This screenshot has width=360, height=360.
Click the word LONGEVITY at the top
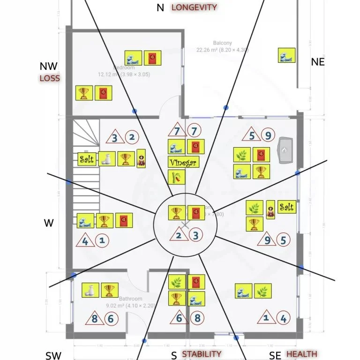194,7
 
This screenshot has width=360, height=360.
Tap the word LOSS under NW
50,78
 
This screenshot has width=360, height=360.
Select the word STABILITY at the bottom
202,354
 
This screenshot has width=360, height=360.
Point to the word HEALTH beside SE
301,354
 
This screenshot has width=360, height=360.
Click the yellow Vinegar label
183,163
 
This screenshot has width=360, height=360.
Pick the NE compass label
318,62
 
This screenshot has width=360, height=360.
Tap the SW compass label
54,355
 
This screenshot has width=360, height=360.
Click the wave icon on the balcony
286,55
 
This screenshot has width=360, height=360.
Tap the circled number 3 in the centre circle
196,236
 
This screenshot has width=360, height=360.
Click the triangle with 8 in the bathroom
94,319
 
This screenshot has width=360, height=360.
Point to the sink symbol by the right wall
285,150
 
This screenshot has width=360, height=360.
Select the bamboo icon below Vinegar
177,177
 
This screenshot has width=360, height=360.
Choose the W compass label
49,223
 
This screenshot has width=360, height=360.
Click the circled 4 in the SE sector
283,319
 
